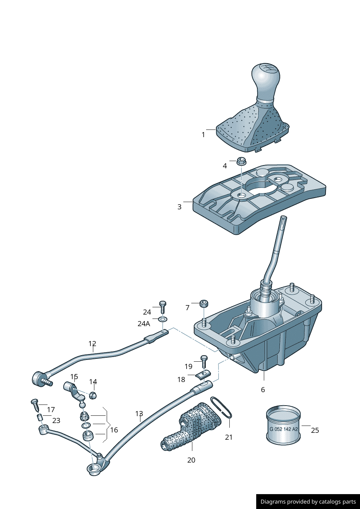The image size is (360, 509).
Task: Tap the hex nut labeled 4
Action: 240,160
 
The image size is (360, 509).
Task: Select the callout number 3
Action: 179,207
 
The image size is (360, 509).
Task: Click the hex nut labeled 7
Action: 204,303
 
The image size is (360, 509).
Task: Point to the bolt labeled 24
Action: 163,307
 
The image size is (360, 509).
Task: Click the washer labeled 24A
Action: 162,320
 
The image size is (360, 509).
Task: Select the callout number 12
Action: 92,344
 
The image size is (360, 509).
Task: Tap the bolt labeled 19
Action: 204,361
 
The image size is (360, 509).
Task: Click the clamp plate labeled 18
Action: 204,374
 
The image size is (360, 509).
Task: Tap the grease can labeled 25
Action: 283,424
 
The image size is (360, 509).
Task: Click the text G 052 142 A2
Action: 283,429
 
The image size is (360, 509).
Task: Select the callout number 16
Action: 114,430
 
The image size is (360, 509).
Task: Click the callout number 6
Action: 263,390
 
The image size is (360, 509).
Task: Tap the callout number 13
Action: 139,414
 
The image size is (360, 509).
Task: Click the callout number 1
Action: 203,135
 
